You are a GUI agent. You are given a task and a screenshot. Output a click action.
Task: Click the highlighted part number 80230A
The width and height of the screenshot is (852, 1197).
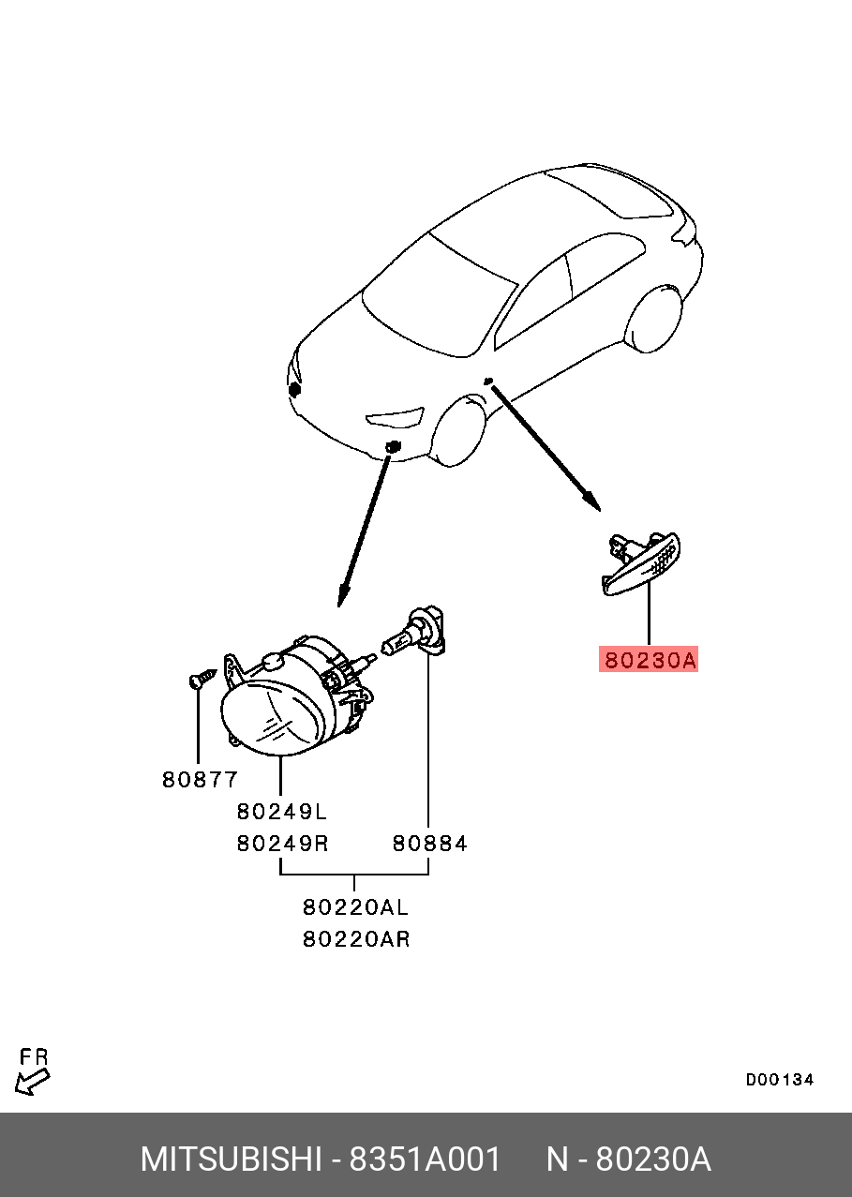click(x=649, y=661)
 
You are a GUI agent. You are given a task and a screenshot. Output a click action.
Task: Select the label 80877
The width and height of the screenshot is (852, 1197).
click(x=200, y=779)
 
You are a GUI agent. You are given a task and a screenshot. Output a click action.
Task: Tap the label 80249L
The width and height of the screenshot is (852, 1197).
click(x=281, y=811)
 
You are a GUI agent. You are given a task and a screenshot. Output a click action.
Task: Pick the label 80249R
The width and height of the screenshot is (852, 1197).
click(x=281, y=843)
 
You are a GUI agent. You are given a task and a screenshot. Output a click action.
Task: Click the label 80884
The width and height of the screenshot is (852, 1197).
click(x=429, y=843)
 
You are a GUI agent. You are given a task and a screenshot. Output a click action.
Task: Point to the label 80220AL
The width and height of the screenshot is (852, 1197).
click(x=355, y=907)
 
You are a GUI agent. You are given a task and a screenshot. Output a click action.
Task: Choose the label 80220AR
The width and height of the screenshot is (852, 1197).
click(x=355, y=938)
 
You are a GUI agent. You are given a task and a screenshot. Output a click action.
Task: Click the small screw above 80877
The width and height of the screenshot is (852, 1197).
click(x=202, y=677)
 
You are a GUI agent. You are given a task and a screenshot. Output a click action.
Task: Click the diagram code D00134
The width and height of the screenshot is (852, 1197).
click(x=779, y=1080)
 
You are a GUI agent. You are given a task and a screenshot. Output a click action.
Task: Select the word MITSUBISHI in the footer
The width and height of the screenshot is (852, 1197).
click(x=231, y=1160)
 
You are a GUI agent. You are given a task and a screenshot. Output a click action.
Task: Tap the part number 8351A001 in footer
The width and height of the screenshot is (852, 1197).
click(x=426, y=1160)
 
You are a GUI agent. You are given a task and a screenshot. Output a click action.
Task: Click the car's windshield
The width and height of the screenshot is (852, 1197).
click(x=440, y=294)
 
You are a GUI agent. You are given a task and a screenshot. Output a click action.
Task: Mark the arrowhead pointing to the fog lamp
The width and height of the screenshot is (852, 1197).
click(x=343, y=592)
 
